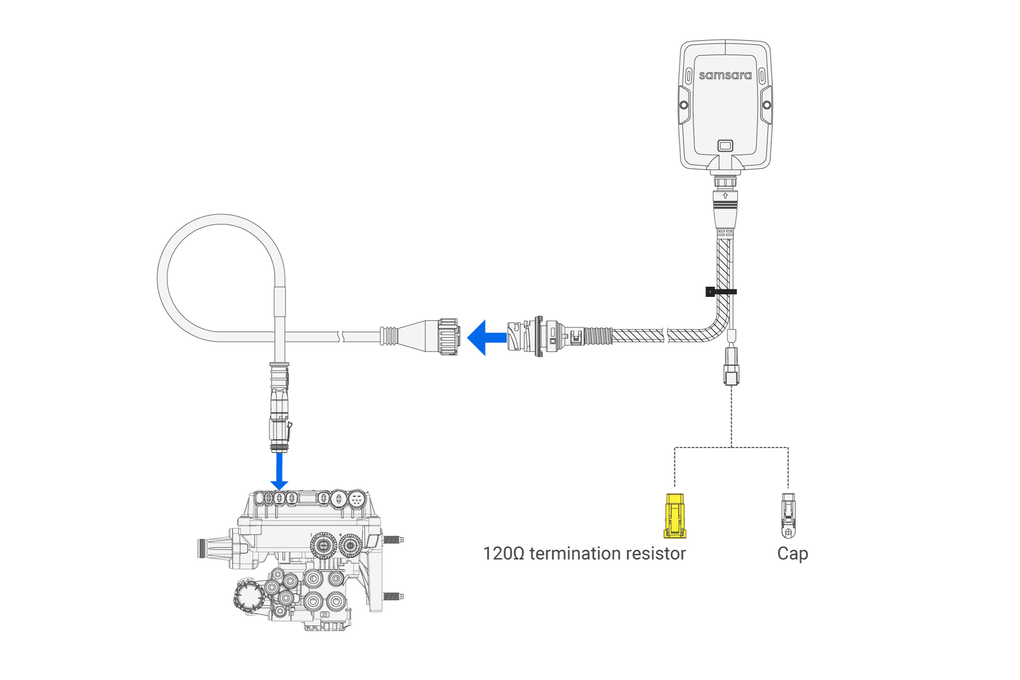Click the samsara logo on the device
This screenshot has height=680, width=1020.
[x=725, y=75]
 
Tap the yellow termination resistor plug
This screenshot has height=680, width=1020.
[x=675, y=516]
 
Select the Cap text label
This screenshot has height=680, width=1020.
[x=792, y=553]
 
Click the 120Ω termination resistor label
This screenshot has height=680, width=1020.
[x=584, y=553]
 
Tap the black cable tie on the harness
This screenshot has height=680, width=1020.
[x=720, y=292]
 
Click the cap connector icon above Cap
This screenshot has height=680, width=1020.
[x=788, y=516]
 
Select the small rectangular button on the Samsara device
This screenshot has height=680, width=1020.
[x=725, y=146]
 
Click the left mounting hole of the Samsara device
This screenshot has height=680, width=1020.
[x=684, y=105]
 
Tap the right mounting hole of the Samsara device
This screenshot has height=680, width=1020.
[x=767, y=105]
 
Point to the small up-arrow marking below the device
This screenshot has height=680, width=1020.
[x=725, y=196]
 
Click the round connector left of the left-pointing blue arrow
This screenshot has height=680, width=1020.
[x=447, y=337]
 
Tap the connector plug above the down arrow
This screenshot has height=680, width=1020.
[x=279, y=408]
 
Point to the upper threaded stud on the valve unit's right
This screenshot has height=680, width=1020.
[x=393, y=539]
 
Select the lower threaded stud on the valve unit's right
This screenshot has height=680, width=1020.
[x=393, y=596]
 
